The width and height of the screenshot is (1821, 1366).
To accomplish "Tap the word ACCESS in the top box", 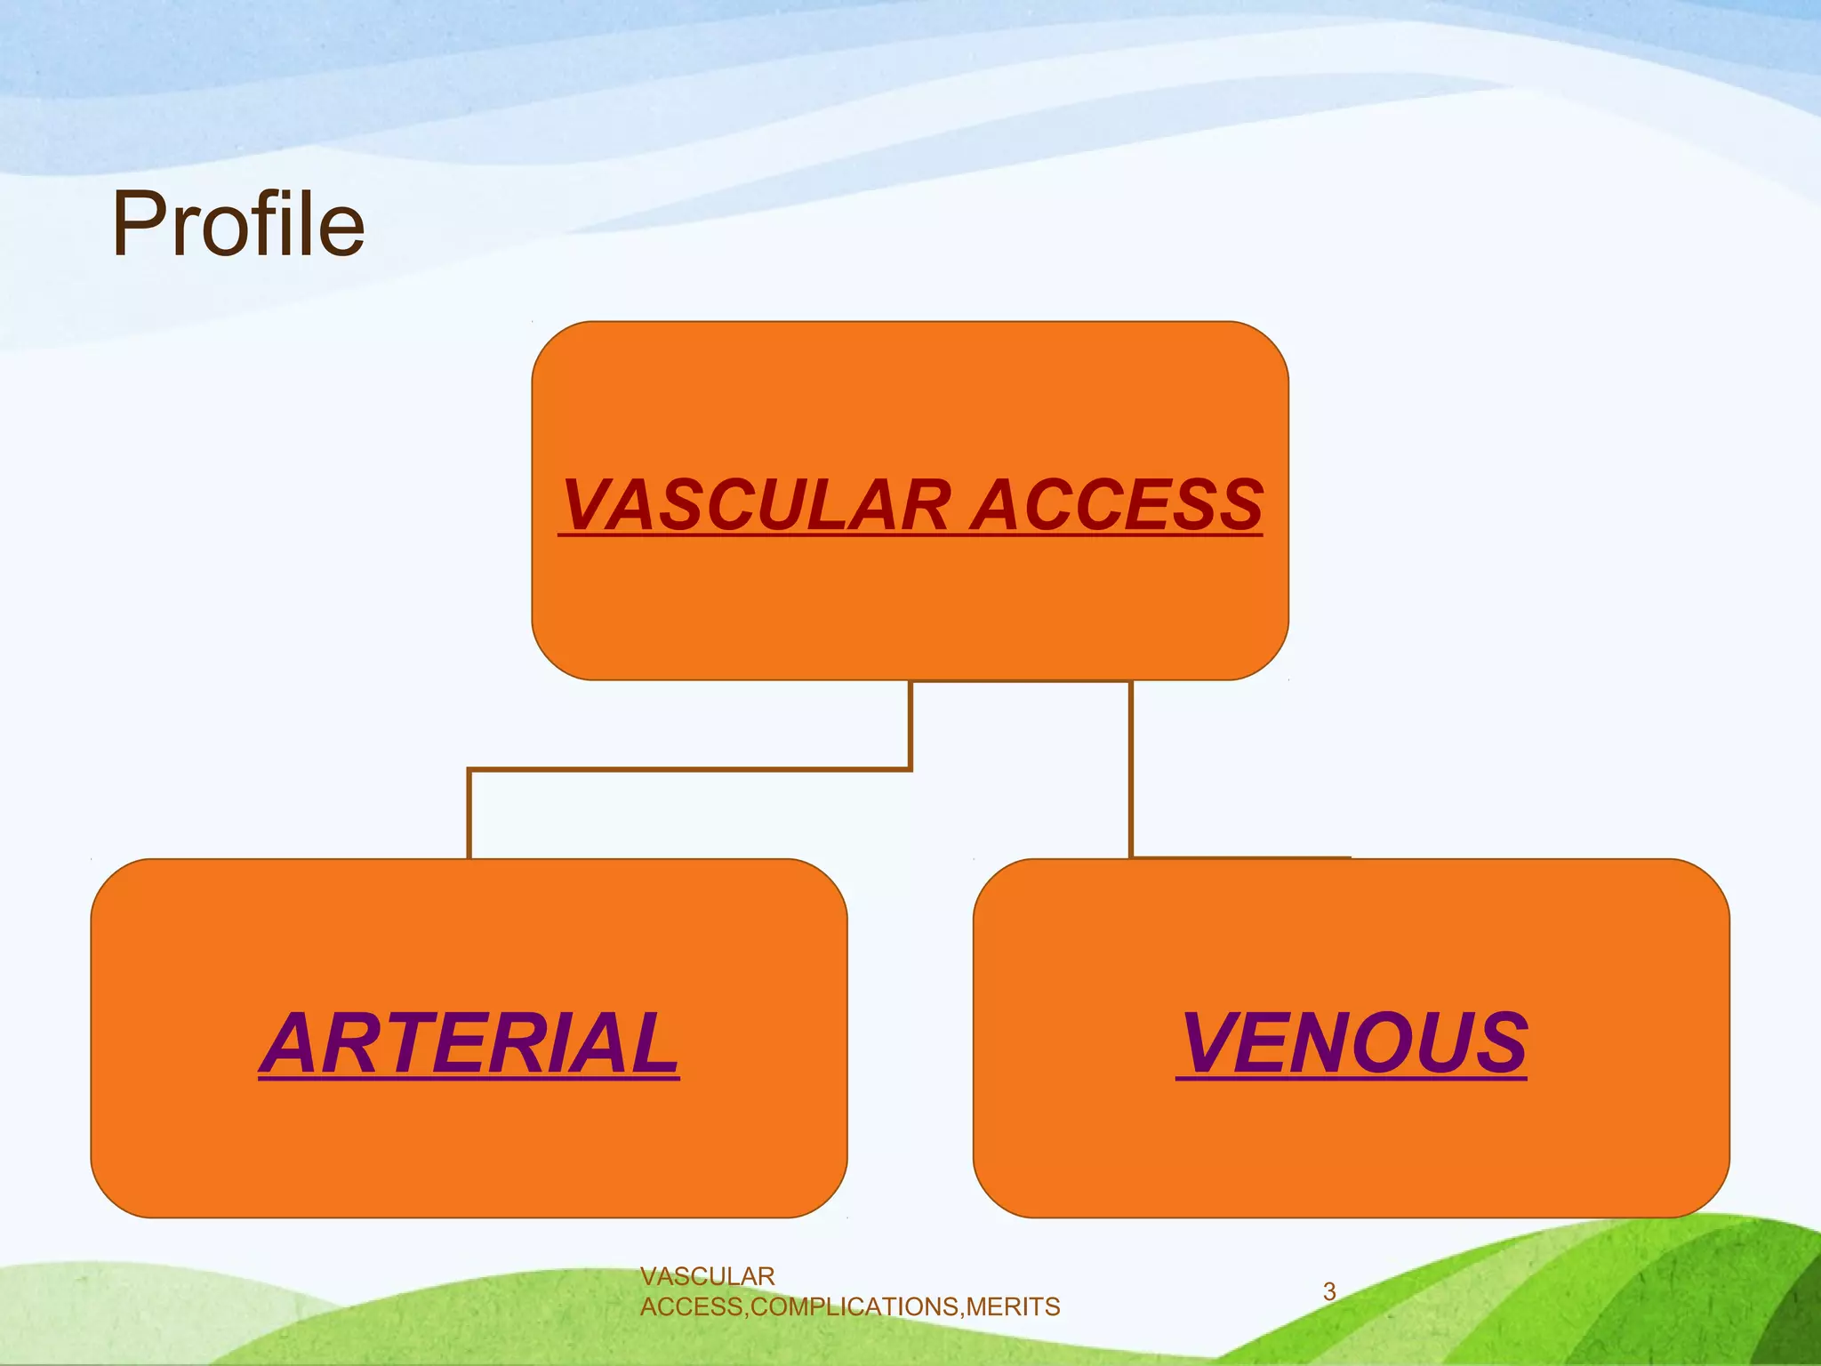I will [1117, 505].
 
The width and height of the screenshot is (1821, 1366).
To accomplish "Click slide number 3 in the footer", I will [1329, 1291].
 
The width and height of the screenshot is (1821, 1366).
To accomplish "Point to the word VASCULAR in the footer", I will [708, 1276].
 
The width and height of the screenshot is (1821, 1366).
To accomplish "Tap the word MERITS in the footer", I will [1014, 1306].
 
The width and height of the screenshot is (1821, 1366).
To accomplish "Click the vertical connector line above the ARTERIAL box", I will [469, 814].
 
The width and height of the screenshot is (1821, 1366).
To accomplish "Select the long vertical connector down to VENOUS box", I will [1131, 769].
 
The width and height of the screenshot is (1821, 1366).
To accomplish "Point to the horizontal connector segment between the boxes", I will [689, 769].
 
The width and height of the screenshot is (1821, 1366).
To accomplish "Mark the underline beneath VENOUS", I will [1352, 1079].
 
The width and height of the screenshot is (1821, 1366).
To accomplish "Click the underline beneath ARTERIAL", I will [469, 1079].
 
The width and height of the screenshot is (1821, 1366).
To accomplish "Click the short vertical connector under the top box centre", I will [910, 722].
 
